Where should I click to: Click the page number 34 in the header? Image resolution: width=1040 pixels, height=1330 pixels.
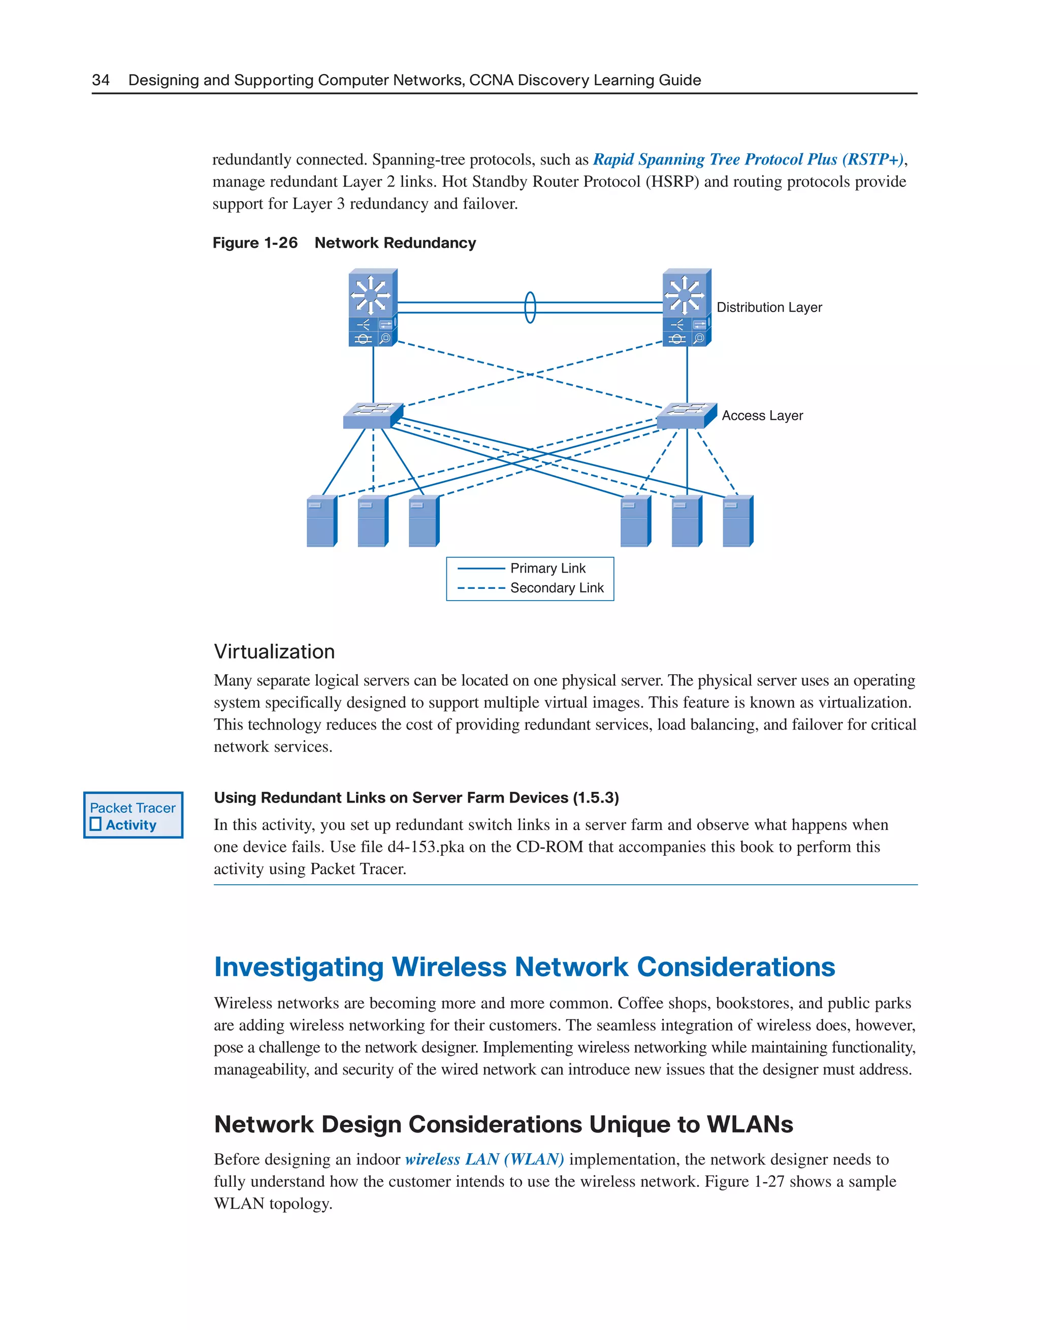[x=101, y=80]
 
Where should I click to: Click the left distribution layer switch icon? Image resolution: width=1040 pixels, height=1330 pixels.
[x=373, y=308]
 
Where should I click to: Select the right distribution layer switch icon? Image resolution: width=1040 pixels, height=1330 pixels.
[x=687, y=308]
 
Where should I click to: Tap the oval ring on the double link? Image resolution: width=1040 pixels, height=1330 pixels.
[x=530, y=308]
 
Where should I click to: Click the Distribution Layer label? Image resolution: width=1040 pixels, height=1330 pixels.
[x=769, y=308]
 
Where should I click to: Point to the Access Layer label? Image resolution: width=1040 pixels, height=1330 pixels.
[x=762, y=415]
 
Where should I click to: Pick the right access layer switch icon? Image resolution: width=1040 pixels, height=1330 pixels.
[x=686, y=415]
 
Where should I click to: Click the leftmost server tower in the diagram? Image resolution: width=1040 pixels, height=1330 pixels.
[x=321, y=521]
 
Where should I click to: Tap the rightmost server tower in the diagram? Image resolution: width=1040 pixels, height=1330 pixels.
[x=738, y=521]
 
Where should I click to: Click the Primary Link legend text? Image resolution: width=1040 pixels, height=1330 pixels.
[x=548, y=568]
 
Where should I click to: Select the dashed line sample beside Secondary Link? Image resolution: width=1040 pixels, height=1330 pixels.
[x=481, y=588]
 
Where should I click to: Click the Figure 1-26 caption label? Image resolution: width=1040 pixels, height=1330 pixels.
[x=255, y=243]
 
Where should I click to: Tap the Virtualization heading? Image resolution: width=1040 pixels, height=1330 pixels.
[x=274, y=652]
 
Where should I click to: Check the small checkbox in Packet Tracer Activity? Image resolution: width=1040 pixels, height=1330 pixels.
[x=95, y=824]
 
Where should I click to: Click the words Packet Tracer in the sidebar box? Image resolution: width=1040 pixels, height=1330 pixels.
[x=133, y=808]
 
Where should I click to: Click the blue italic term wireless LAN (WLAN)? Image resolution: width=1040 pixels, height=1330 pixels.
[x=484, y=1159]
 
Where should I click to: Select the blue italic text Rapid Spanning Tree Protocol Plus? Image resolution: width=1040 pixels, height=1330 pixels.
[x=714, y=159]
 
